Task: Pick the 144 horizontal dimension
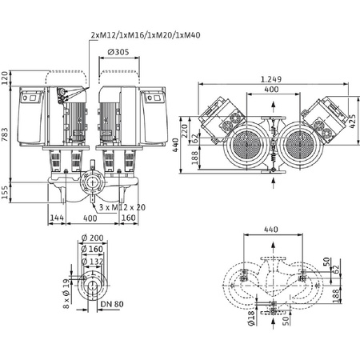57,217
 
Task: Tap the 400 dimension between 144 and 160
89,217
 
